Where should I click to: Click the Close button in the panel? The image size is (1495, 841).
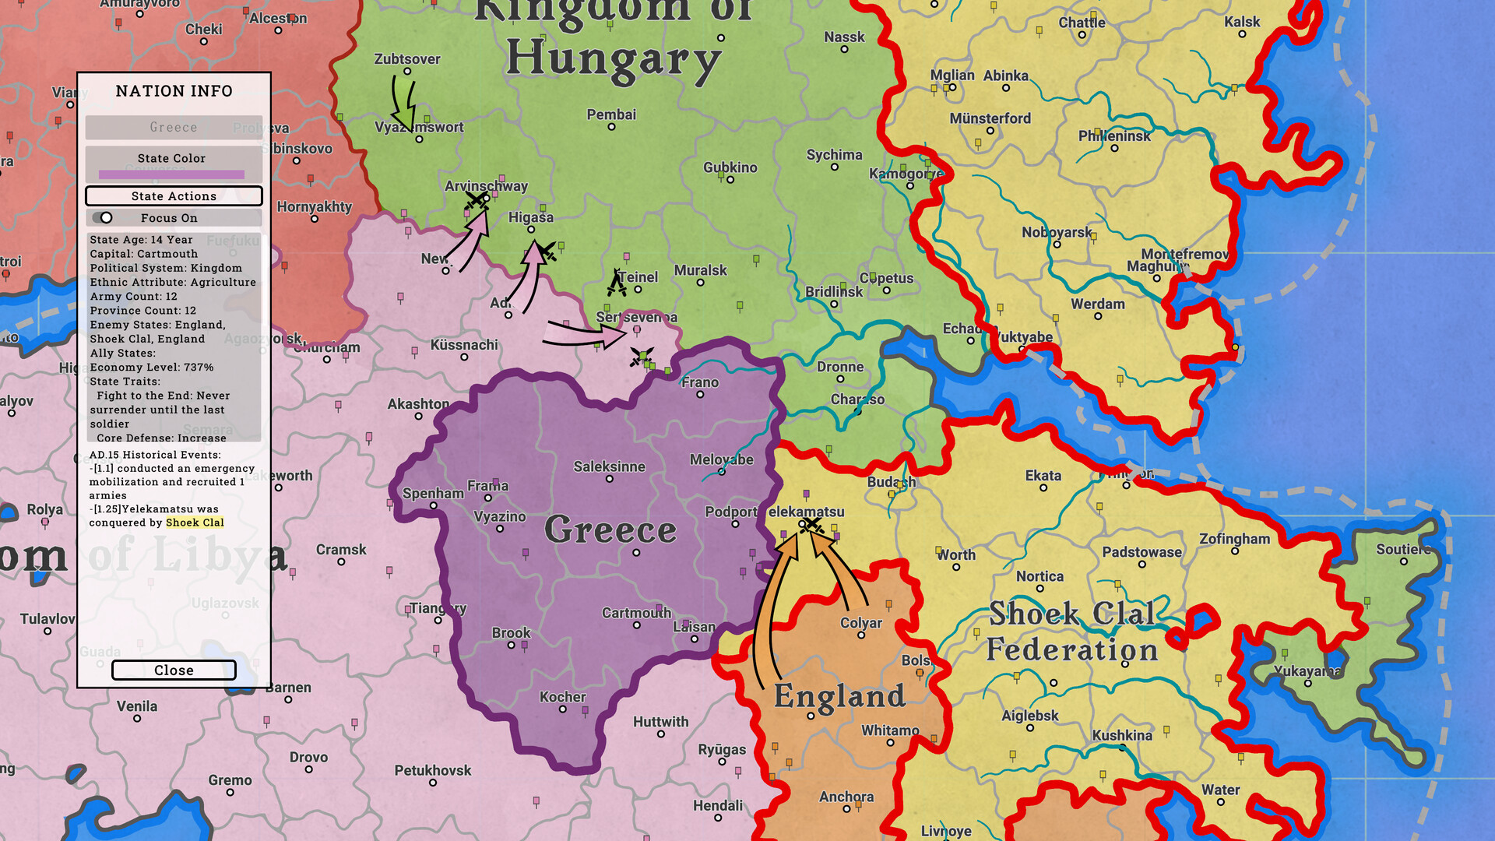174,670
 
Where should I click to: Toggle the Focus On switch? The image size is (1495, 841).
103,218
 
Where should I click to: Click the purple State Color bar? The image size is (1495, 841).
171,174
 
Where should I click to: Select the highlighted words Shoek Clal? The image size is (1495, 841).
195,523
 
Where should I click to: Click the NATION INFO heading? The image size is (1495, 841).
174,91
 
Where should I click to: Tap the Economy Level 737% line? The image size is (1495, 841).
151,367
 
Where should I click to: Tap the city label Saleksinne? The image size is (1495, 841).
609,467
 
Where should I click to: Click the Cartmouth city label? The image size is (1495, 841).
636,613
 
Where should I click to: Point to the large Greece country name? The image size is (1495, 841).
610,530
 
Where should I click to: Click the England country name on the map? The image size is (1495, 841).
839,696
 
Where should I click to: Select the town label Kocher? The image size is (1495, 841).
562,697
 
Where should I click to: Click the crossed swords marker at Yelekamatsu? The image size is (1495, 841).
812,526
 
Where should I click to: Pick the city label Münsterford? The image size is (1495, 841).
990,118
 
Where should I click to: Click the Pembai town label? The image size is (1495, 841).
611,114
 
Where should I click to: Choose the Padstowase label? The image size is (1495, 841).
1141,552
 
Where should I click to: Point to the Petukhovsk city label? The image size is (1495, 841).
432,770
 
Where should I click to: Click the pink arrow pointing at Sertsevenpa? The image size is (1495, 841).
584,333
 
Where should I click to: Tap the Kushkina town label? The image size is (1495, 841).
1121,735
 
